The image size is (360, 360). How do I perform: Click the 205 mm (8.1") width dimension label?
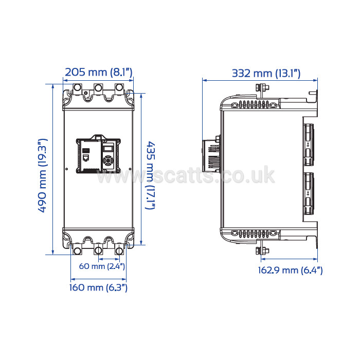99,72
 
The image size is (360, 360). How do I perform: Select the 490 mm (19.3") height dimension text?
43,176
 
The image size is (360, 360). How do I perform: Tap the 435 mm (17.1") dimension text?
151,175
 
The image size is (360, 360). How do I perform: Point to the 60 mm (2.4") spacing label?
102,266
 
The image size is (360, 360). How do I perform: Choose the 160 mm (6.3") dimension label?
98,287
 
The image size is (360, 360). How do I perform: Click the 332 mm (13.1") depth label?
266,74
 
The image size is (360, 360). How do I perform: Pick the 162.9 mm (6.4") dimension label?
290,270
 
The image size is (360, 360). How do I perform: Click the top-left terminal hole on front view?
77,88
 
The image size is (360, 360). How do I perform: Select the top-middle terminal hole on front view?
98,88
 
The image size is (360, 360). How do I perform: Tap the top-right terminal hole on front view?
119,87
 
